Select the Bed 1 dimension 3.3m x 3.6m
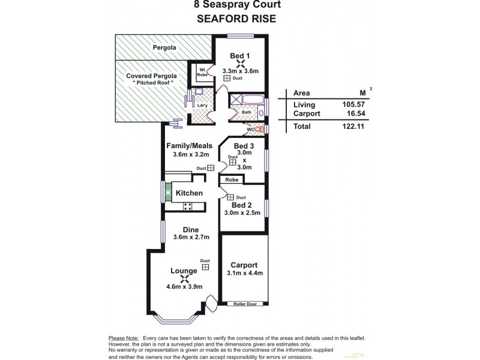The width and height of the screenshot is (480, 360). (240, 71)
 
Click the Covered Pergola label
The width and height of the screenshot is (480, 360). (151, 76)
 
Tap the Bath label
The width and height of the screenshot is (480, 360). (246, 112)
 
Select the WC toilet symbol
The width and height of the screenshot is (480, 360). (259, 128)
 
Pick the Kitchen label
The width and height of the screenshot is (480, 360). (188, 193)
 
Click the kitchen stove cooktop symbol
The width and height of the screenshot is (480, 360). (187, 206)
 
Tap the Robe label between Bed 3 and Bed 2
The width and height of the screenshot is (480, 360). (232, 179)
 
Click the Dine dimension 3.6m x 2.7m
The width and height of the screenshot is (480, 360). (191, 237)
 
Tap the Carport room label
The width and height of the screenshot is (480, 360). (244, 265)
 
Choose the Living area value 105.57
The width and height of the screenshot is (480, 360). (354, 104)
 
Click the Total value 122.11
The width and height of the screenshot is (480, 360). (354, 127)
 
